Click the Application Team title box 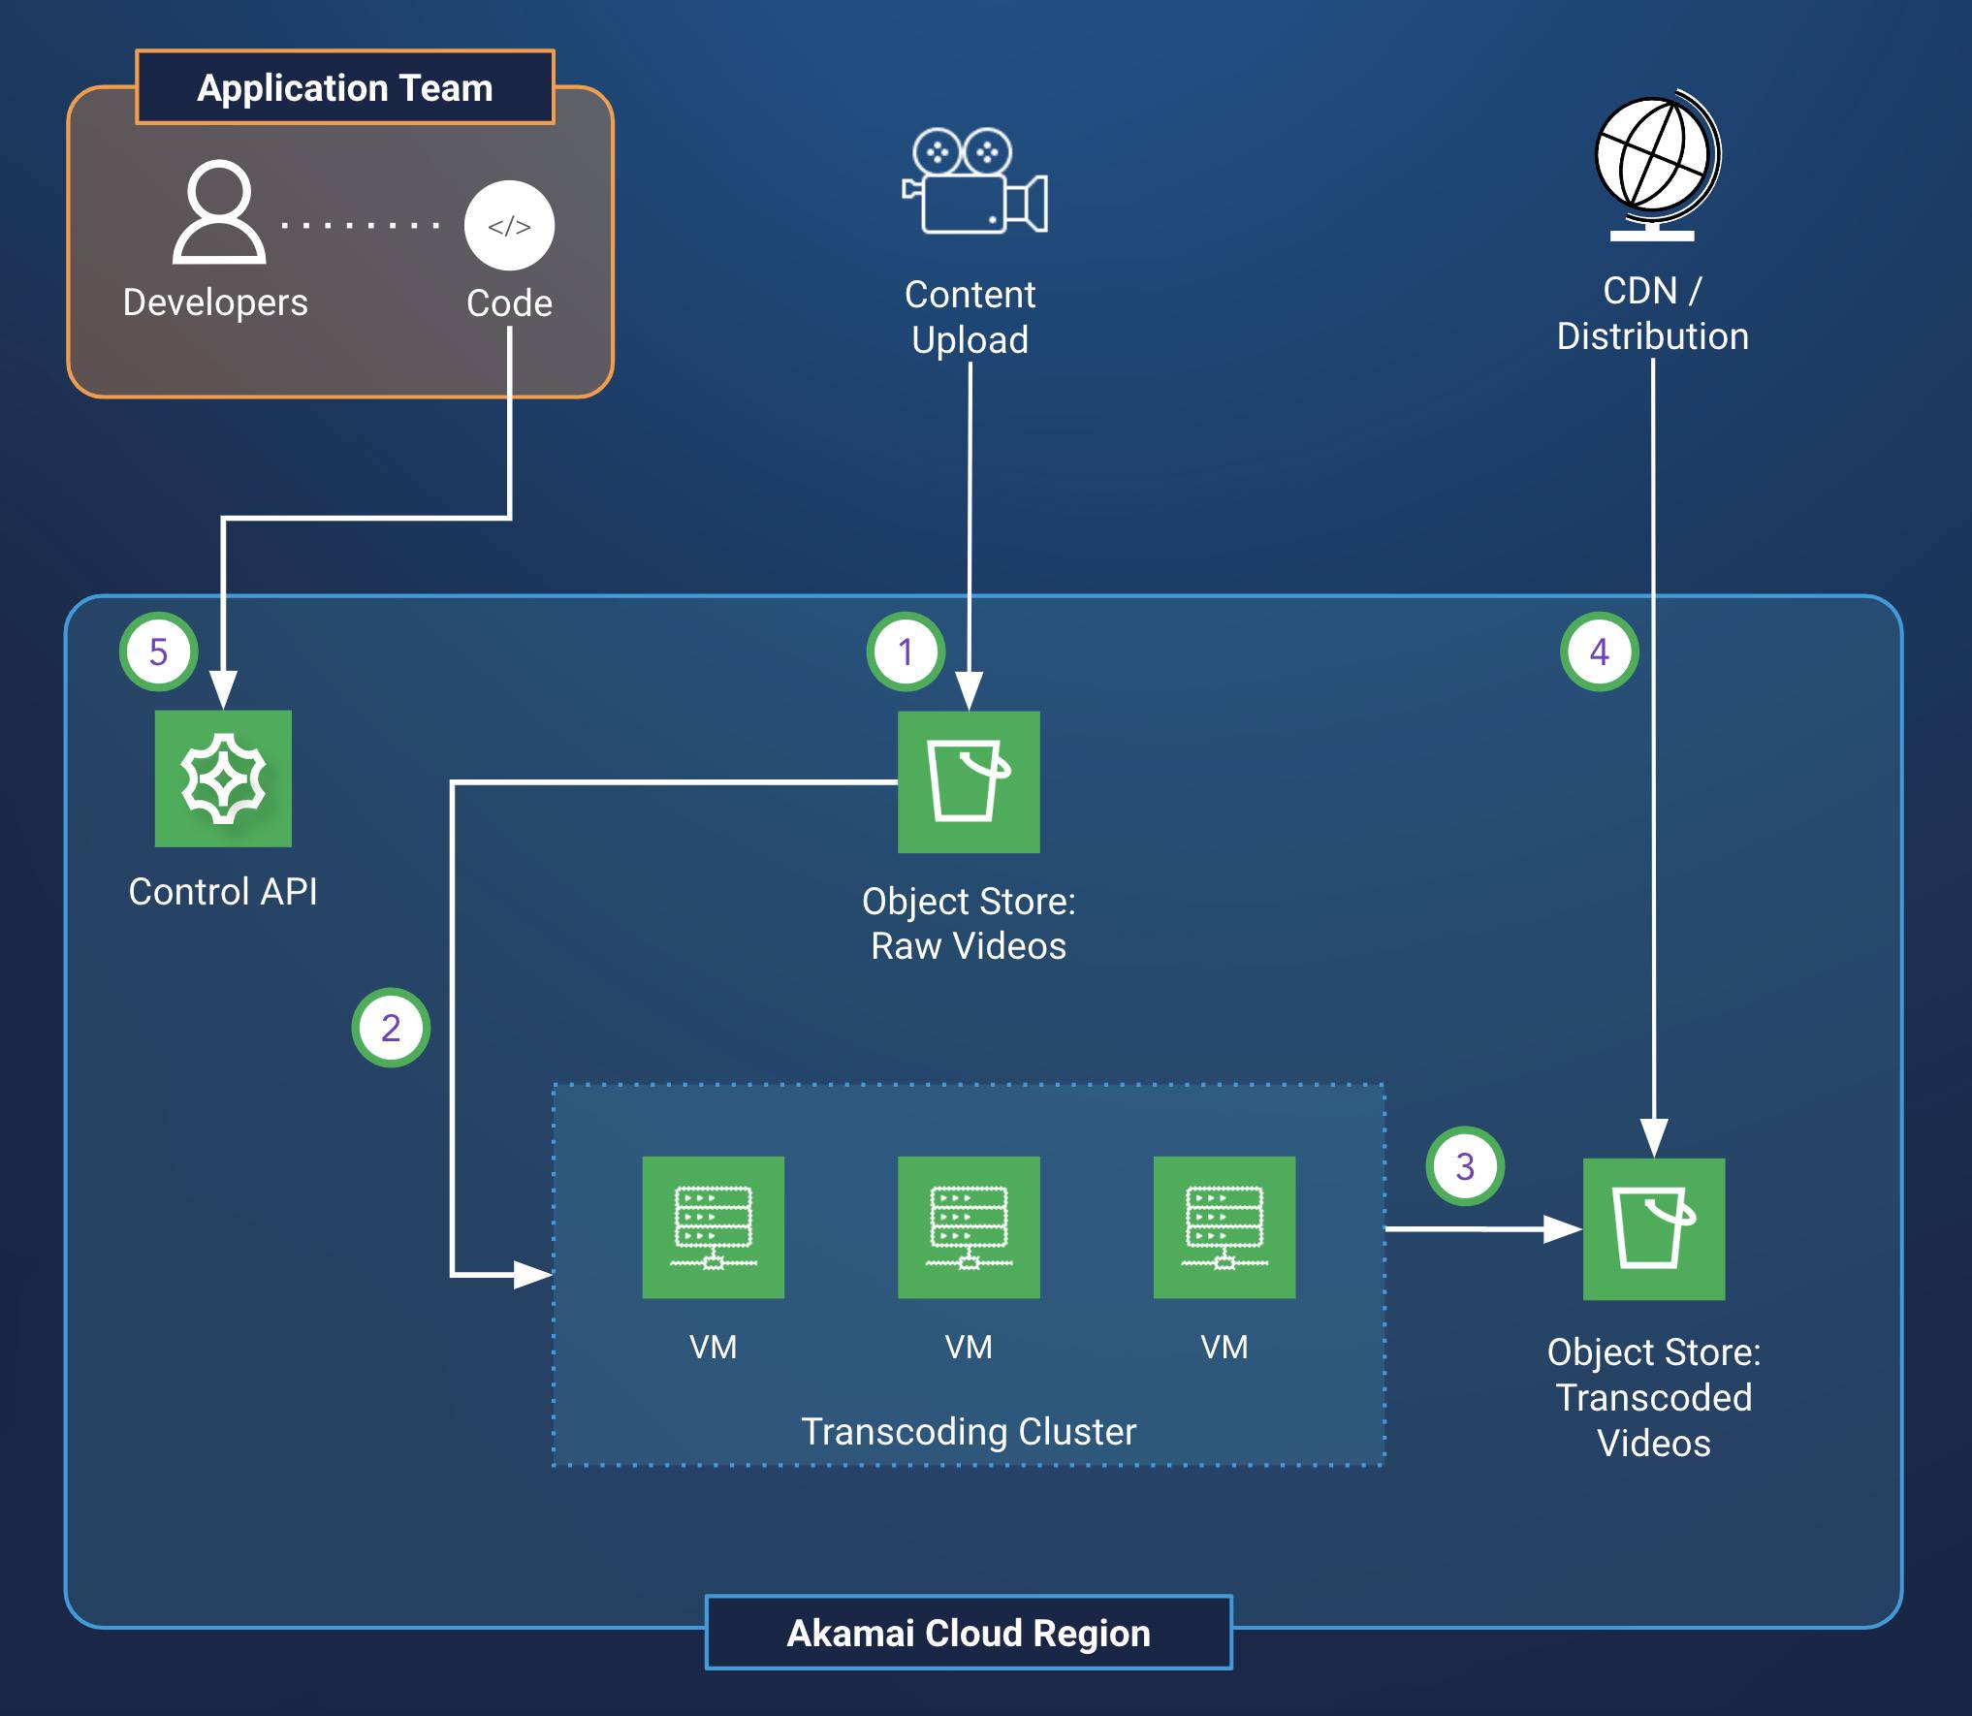[x=345, y=87]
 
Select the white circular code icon [x=509, y=226]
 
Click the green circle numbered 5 [x=159, y=651]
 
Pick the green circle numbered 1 [x=906, y=651]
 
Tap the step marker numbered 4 [x=1599, y=651]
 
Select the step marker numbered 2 [x=391, y=1028]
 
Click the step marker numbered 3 [x=1465, y=1166]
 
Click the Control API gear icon [x=223, y=779]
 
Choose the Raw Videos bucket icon [x=969, y=781]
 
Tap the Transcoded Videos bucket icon [x=1654, y=1228]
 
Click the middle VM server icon [x=969, y=1226]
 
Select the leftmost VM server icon [x=713, y=1226]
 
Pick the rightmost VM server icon [x=1225, y=1226]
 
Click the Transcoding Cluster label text [x=969, y=1431]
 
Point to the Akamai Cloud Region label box [x=969, y=1633]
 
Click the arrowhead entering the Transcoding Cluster [x=532, y=1274]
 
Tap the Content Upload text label [x=970, y=317]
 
